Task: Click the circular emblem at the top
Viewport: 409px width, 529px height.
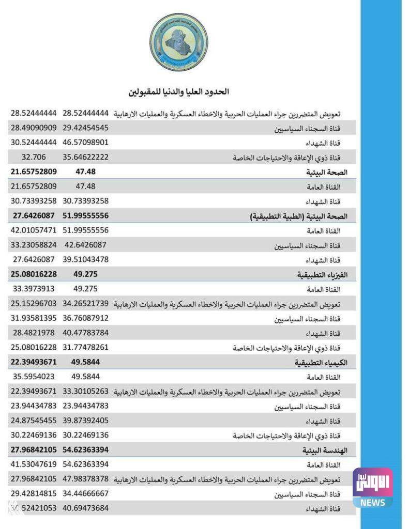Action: pos(178,43)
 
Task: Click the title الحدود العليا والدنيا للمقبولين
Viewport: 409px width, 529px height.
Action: pos(179,92)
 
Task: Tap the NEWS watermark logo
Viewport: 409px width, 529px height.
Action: pos(372,488)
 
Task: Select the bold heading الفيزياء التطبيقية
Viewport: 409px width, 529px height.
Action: pos(322,275)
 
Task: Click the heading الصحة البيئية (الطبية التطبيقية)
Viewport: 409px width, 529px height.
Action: pos(298,216)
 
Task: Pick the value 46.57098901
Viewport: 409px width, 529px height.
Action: pos(85,142)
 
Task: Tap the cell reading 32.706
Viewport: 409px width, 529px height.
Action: pos(34,157)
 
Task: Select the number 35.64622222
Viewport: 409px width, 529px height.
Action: pos(85,157)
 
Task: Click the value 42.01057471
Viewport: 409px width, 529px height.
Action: pos(34,230)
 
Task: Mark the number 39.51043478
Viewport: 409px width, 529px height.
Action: pos(85,259)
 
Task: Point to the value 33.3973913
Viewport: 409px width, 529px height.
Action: pos(34,288)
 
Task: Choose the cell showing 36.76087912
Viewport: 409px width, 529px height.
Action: pos(85,318)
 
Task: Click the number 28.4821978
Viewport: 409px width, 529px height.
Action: pos(34,332)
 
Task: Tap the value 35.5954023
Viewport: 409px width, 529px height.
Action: pos(34,376)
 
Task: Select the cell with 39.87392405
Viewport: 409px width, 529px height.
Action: pos(85,420)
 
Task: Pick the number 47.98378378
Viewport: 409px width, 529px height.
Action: pos(85,478)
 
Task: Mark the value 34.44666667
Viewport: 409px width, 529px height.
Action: pos(85,493)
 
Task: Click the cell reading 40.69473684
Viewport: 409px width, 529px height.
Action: pos(85,508)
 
